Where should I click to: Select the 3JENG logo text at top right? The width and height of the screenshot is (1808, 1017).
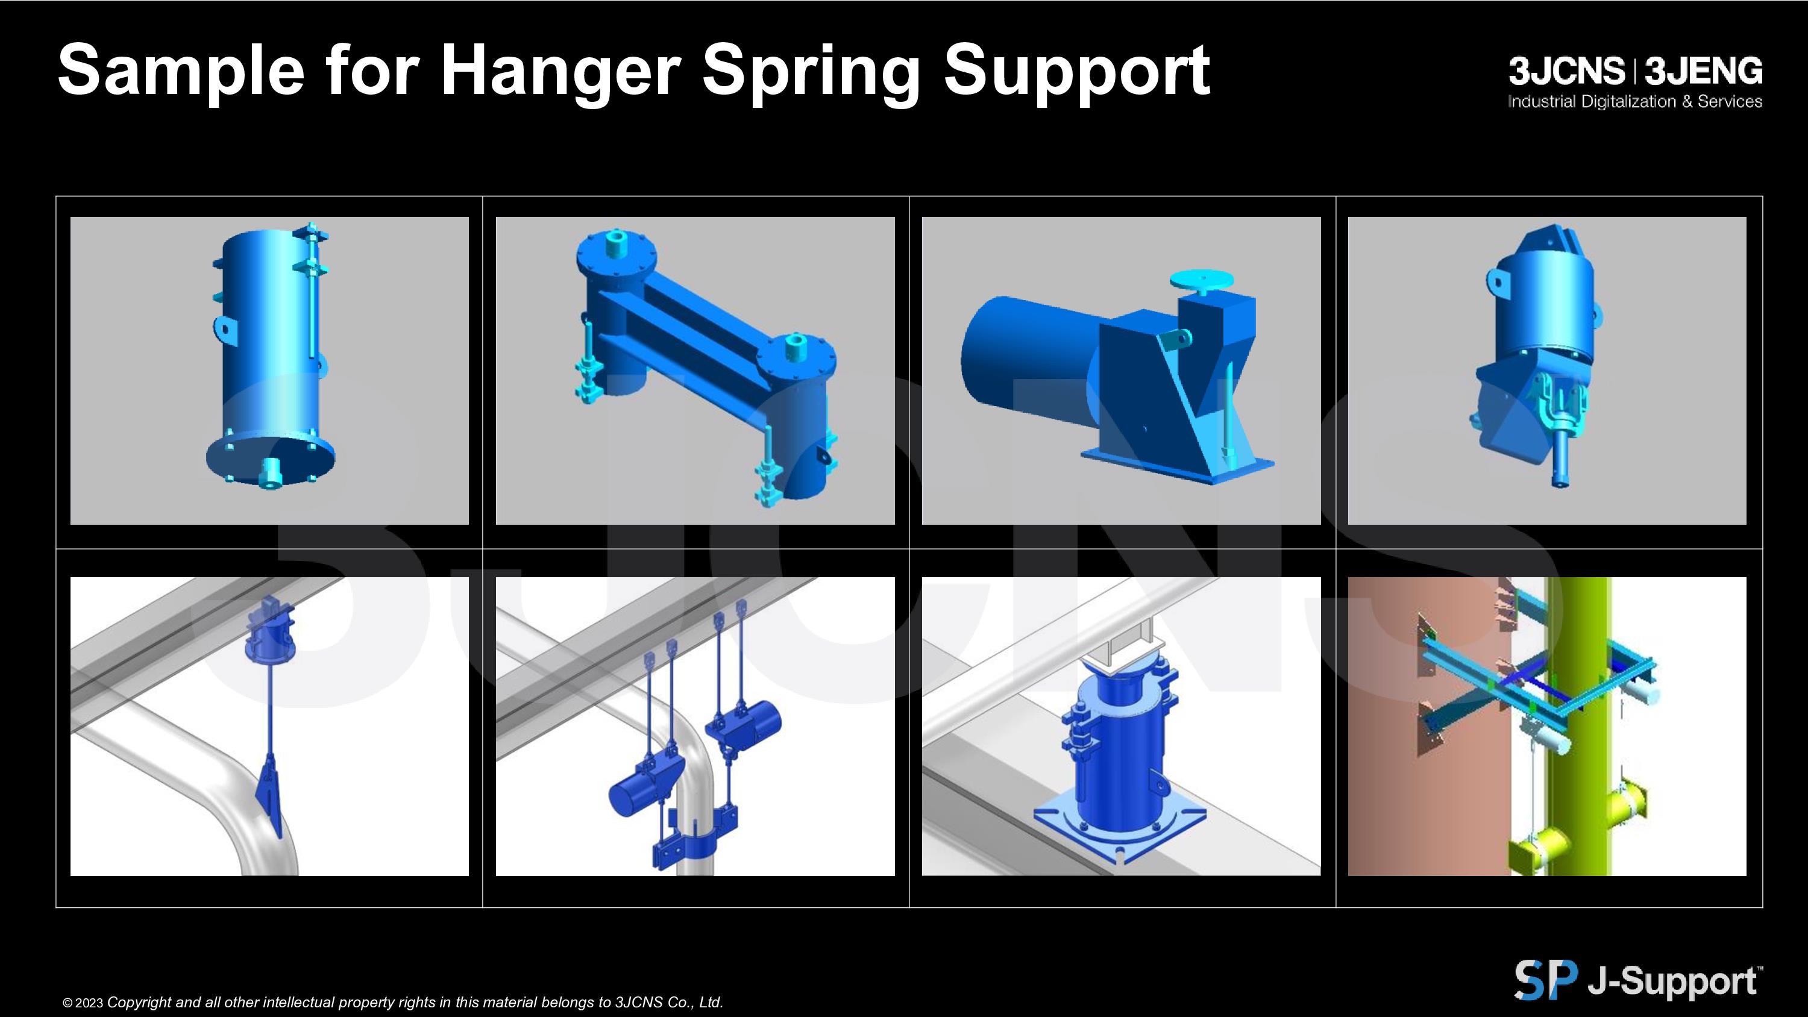[x=1703, y=71]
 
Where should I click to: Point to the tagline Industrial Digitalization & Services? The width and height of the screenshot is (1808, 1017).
[x=1636, y=102]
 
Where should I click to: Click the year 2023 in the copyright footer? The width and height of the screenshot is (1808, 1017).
[x=89, y=1004]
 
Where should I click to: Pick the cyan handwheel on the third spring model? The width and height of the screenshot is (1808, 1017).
[x=1202, y=280]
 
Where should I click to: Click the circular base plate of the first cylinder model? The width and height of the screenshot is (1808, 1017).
[x=269, y=457]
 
